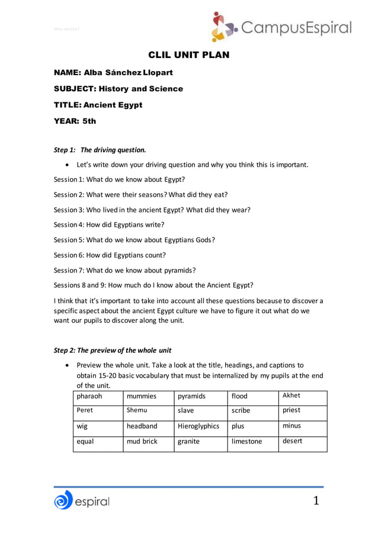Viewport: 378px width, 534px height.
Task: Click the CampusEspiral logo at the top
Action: coord(281,27)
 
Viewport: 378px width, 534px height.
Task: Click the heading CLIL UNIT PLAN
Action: coord(188,56)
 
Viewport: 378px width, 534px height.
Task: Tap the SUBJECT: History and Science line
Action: coord(118,89)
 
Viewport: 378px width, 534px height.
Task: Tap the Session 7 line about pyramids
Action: coord(124,270)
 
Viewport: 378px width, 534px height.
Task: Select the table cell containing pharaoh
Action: coord(98,397)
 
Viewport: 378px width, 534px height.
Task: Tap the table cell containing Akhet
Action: coord(302,396)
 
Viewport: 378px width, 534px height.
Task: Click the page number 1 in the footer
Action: coord(316,501)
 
